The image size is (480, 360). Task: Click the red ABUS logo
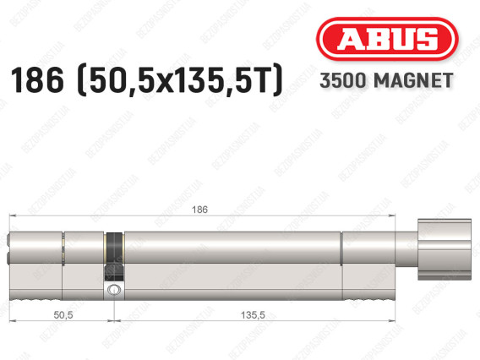(387, 39)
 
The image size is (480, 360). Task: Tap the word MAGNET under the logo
(413, 80)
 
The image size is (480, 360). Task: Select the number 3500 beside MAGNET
(343, 80)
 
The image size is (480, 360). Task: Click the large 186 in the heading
(37, 80)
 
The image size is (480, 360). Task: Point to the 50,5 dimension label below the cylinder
(63, 314)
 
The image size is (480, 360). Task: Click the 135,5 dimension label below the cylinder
(253, 314)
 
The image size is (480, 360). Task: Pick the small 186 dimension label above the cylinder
(199, 210)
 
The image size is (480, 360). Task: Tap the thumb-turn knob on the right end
(445, 249)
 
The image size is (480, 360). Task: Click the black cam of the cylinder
(114, 257)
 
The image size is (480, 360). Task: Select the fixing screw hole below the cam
(114, 289)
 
